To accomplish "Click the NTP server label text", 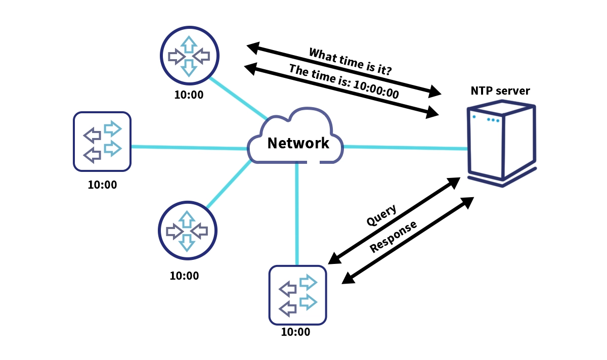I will pyautogui.click(x=500, y=91).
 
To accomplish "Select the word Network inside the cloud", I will pyautogui.click(x=298, y=143).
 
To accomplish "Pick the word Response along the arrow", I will pyautogui.click(x=394, y=236).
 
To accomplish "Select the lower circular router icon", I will pyautogui.click(x=187, y=231).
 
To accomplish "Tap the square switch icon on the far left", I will pyautogui.click(x=102, y=141).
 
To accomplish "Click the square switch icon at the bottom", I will pyautogui.click(x=298, y=295).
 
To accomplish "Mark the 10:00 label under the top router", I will pyautogui.click(x=189, y=95).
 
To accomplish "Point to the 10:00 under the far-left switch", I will pyautogui.click(x=102, y=185).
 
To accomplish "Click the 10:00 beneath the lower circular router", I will pyautogui.click(x=184, y=276).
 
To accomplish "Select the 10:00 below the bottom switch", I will pyautogui.click(x=295, y=332).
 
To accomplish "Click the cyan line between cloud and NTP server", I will pyautogui.click(x=405, y=148).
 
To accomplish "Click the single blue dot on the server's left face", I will pyautogui.click(x=474, y=117).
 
